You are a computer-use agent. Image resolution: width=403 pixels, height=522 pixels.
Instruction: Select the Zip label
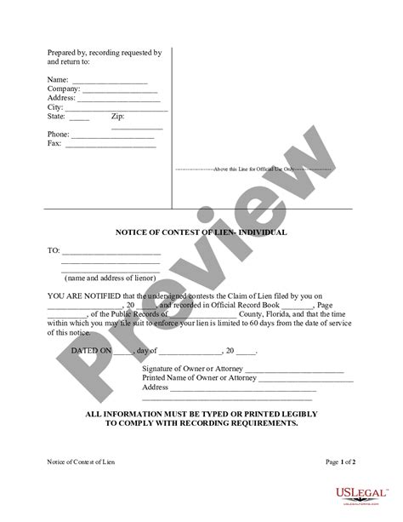[117, 117]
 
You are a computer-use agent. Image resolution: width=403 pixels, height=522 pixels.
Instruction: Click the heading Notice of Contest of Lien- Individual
[201, 232]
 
